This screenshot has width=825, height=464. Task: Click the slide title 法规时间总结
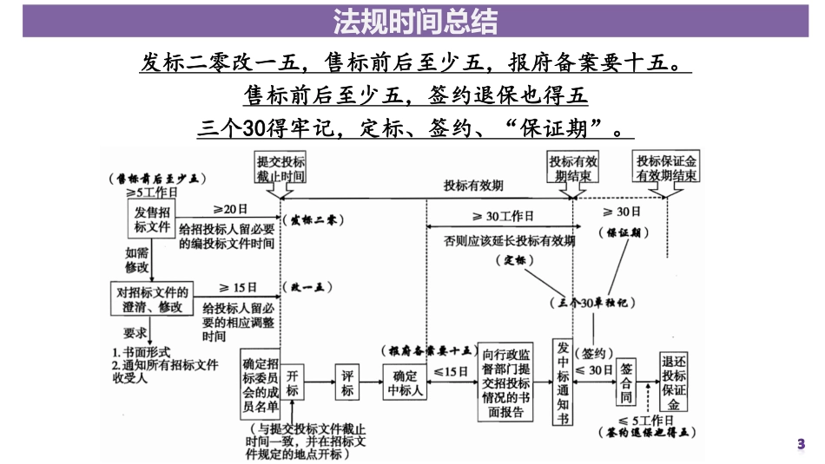coord(412,20)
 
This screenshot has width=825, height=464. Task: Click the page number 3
coord(801,444)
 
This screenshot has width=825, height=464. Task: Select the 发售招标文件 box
coord(152,220)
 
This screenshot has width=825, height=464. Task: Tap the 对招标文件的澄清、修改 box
coord(152,299)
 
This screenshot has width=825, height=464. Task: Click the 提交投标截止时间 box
coord(280,169)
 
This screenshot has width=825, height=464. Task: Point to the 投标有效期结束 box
coord(572,169)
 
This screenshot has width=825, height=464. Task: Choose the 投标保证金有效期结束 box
coord(666,169)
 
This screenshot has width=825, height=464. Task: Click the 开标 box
coord(293,383)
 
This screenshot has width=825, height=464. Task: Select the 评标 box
coord(347,383)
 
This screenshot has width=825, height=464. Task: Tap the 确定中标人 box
coord(406,383)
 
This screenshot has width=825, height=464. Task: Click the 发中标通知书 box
coord(563,382)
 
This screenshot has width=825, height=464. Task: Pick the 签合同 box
coord(627,382)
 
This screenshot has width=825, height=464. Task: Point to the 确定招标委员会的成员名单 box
coord(261,383)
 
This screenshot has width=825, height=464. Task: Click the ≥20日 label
coord(231,209)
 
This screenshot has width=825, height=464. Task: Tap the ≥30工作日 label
coord(503,216)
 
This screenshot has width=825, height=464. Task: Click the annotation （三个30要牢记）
coord(593,303)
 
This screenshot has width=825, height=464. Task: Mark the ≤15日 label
coord(454,371)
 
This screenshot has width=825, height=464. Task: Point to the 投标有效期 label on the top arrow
coord(473,185)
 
